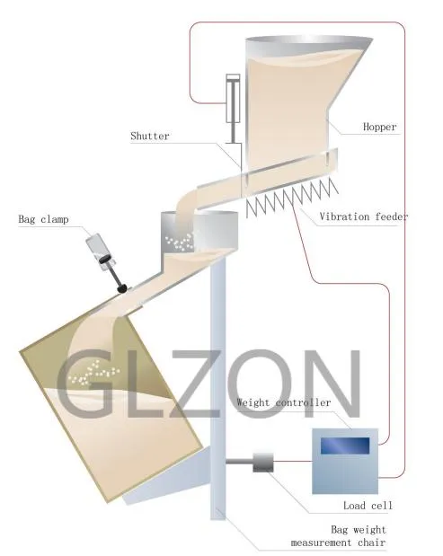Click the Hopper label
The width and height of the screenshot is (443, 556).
tap(379, 127)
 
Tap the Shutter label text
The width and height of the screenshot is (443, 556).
tap(150, 136)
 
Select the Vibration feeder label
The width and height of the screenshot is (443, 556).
tap(364, 216)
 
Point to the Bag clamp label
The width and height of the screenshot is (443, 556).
tap(43, 219)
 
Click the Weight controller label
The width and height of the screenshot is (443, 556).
tap(283, 402)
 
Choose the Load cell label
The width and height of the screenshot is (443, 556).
tap(368, 506)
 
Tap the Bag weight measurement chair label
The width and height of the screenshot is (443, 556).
tap(338, 535)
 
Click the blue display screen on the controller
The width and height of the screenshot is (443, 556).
tap(345, 446)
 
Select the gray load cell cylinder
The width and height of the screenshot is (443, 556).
tap(263, 462)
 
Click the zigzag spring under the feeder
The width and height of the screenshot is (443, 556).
tap(292, 198)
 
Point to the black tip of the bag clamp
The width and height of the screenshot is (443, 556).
tap(122, 288)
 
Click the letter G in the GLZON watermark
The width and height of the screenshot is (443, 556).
tap(84, 383)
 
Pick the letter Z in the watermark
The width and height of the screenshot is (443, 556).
tap(196, 384)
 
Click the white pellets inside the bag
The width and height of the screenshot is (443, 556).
tap(94, 373)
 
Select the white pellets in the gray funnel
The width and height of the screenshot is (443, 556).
tap(179, 243)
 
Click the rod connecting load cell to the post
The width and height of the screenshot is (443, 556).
tap(239, 462)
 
